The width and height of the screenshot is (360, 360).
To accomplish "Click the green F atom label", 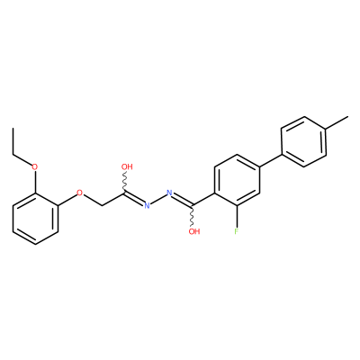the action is [237, 231].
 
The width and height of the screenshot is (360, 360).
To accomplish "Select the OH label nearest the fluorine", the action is [194, 231].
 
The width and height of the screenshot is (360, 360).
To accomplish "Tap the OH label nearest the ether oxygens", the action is [127, 166].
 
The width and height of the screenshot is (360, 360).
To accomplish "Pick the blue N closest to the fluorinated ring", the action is [169, 193].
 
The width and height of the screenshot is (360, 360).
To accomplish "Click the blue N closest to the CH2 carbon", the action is [147, 205].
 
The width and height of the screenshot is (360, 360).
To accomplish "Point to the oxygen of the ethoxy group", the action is [35, 166].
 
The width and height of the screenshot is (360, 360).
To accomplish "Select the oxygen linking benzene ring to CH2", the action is [79, 193].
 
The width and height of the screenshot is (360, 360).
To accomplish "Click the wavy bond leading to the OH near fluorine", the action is [193, 216].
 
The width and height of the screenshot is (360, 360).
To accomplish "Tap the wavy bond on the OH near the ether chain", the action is [125, 183].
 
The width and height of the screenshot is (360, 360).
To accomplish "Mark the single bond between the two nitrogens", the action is [158, 199].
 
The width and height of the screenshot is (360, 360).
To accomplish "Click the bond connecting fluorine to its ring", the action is [237, 216].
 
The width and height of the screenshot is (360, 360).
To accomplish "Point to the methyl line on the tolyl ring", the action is [337, 122].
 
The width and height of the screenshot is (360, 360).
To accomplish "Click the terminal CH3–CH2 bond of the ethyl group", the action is [13, 141].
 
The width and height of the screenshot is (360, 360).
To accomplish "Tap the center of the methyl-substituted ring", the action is [303, 141].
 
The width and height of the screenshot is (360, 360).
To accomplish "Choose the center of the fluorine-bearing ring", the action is [237, 180].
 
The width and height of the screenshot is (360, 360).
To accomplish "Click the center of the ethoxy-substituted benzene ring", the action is [35, 219].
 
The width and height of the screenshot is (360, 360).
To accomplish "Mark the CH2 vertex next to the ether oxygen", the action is [103, 206].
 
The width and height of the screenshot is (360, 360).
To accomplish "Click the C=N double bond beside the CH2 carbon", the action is [134, 199].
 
